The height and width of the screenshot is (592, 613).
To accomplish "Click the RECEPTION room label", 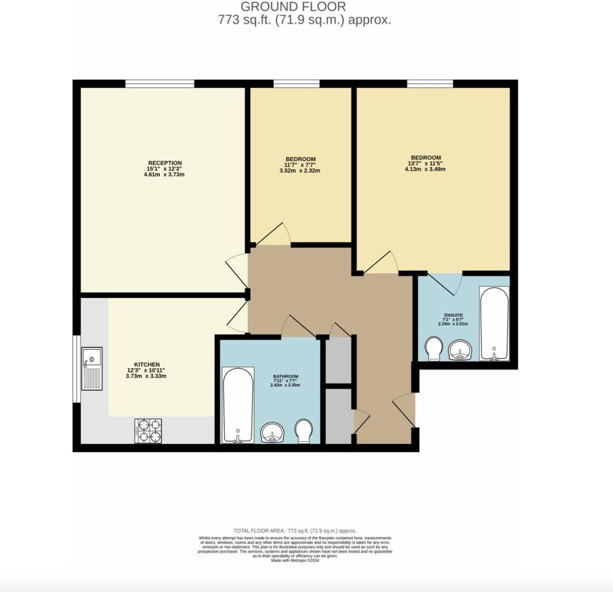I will (165, 163).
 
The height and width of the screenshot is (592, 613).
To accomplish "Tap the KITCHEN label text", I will (147, 365).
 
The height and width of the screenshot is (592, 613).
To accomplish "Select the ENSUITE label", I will (453, 315).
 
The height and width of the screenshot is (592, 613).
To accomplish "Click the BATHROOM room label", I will (286, 376).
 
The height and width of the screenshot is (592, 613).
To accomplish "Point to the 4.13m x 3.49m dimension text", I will (425, 169).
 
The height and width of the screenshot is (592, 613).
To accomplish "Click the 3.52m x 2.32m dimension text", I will (300, 171).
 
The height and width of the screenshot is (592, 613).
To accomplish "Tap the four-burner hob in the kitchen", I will (148, 431).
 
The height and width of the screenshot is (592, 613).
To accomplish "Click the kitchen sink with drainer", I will (92, 369).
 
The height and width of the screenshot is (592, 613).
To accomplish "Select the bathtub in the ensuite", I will (494, 324).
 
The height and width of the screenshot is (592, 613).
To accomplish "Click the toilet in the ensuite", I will (433, 348).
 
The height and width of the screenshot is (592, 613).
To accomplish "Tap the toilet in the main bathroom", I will (304, 431).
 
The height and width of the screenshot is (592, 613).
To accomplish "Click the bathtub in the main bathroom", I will (238, 405).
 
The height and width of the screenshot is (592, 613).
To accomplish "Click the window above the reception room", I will (160, 84).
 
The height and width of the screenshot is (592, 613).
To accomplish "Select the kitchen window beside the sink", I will (76, 369).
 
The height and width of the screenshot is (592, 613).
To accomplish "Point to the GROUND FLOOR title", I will (293, 6).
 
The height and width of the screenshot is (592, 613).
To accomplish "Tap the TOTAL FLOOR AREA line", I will (295, 531).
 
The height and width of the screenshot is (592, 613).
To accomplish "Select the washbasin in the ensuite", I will (460, 350).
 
